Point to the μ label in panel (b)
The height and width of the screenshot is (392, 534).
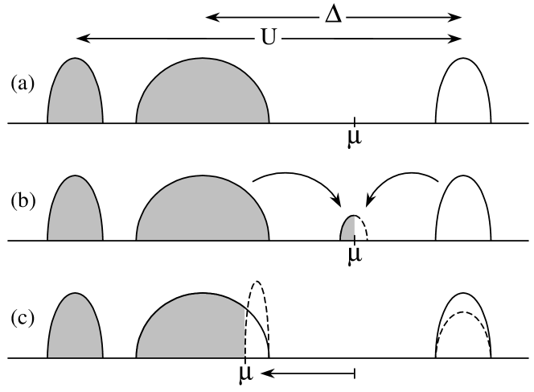click(354, 254)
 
